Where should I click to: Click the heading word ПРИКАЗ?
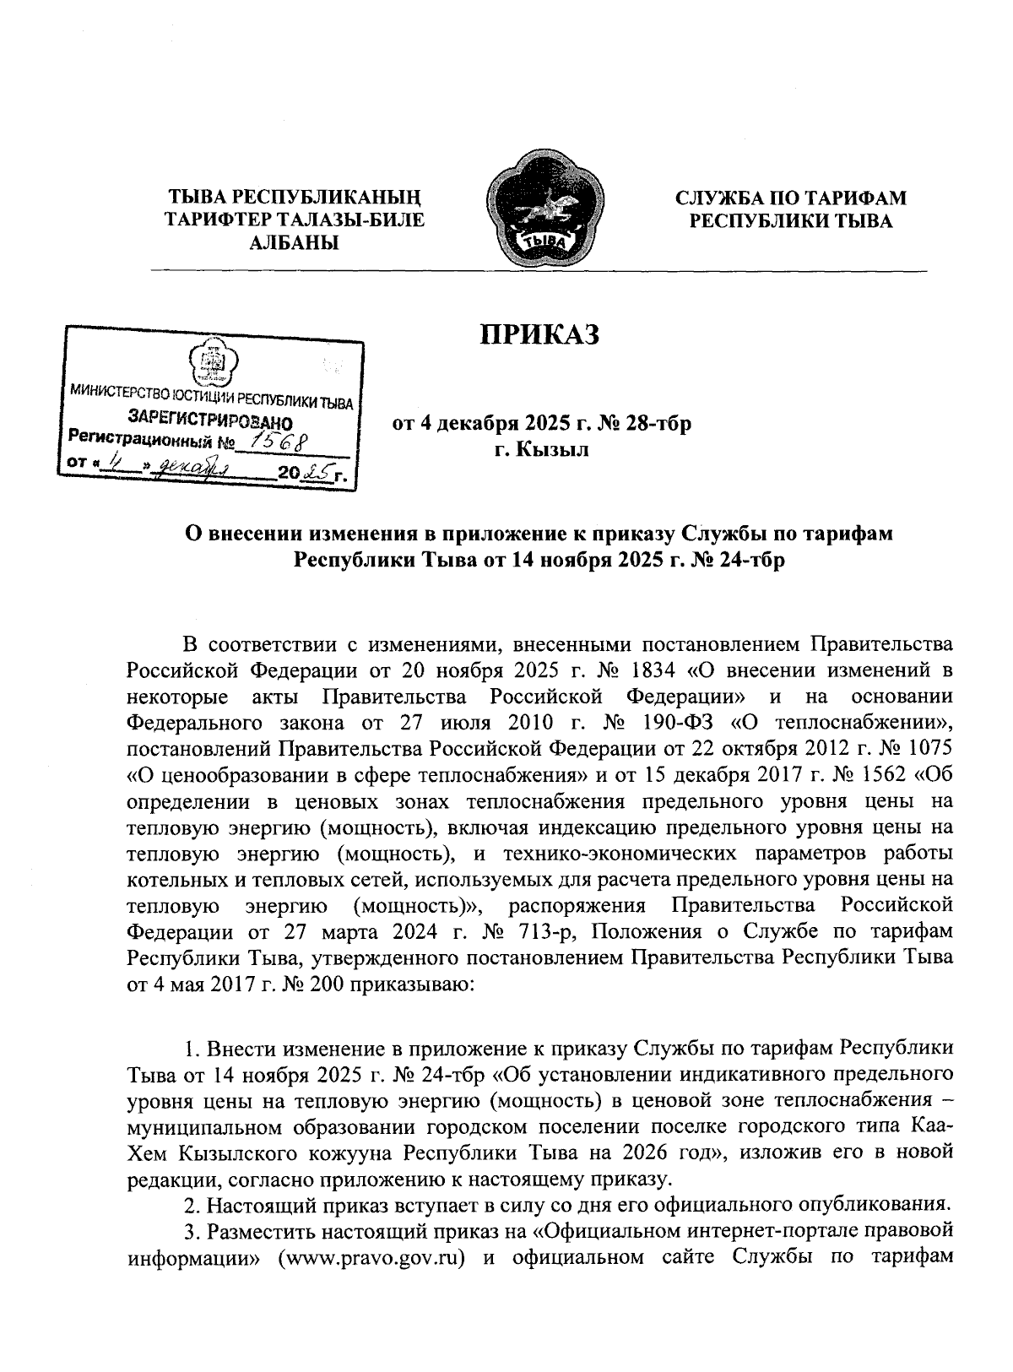pos(539,334)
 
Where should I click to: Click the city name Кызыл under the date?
pos(557,449)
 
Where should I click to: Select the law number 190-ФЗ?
pos(672,723)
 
